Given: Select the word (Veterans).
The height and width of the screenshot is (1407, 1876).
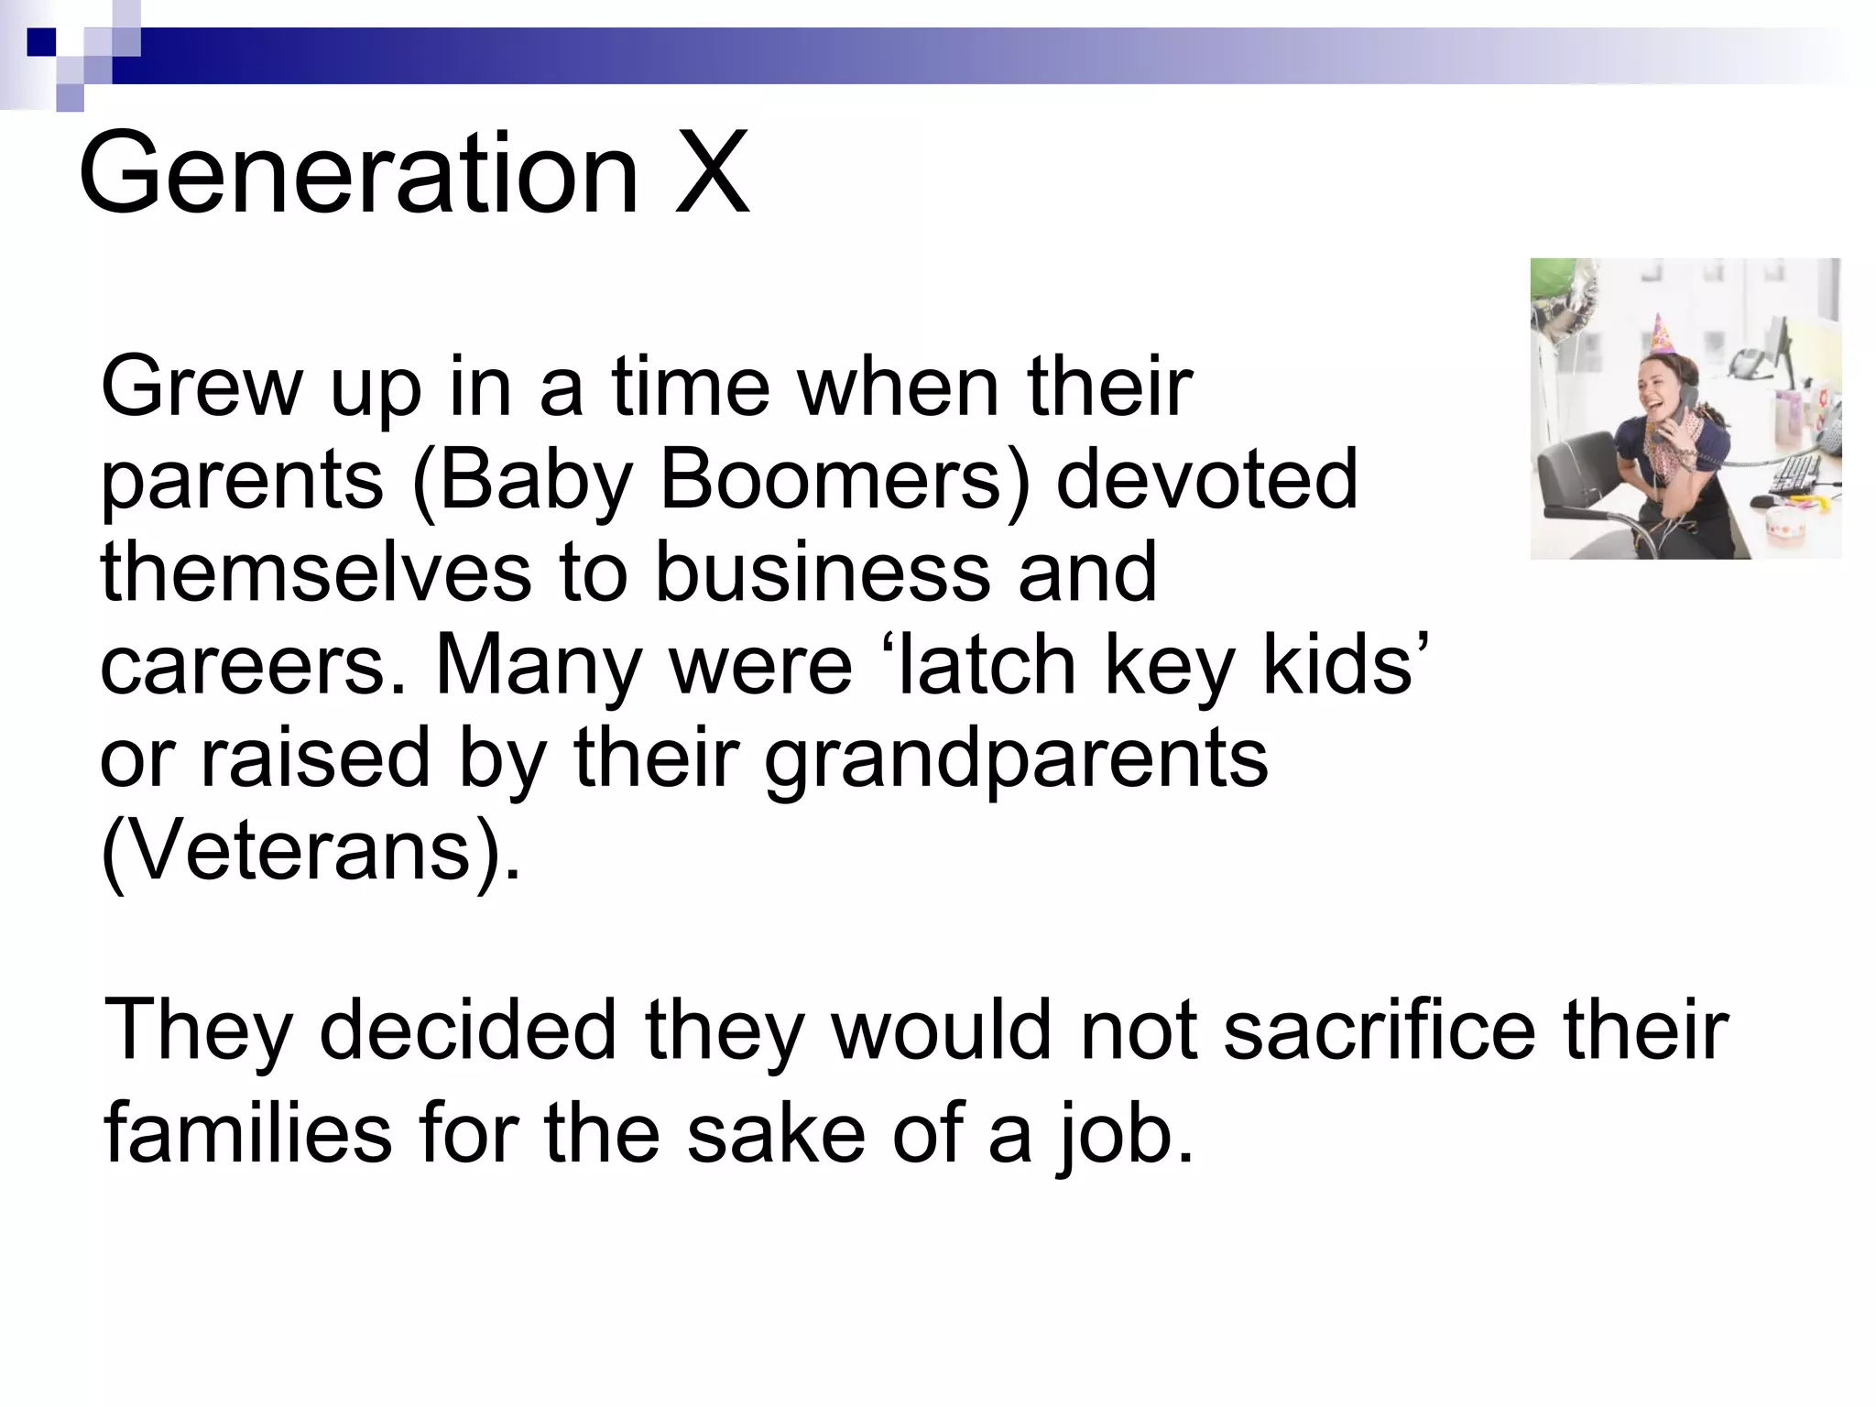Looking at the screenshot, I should [310, 851].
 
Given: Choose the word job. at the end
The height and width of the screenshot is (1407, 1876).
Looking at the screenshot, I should [1125, 1133].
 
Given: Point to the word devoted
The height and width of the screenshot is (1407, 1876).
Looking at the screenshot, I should [1207, 480].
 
